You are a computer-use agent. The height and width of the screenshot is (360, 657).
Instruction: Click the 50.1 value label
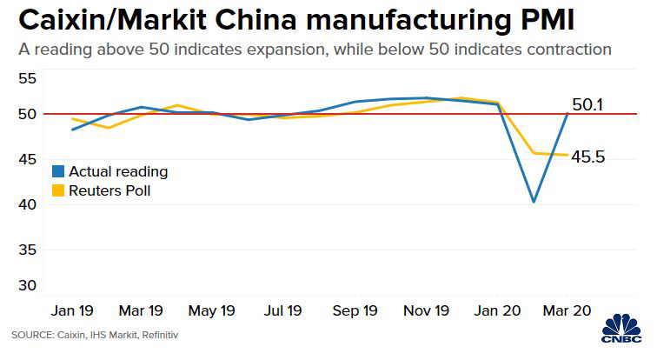click(588, 106)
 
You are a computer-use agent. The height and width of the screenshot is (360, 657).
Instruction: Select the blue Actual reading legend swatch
click(59, 171)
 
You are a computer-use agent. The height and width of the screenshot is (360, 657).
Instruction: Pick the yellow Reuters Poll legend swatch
click(59, 190)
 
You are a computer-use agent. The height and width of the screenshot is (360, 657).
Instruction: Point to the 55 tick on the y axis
click(28, 79)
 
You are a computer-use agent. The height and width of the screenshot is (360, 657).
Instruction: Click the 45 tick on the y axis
click(28, 159)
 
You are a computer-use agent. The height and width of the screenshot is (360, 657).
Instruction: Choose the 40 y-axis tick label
click(28, 204)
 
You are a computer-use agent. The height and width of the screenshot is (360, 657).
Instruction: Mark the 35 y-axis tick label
click(28, 250)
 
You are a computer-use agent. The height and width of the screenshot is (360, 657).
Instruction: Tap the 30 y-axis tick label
click(28, 286)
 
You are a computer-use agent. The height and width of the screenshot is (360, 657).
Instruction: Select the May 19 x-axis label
click(211, 310)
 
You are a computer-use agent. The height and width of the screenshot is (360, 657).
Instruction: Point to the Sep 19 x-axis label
click(355, 310)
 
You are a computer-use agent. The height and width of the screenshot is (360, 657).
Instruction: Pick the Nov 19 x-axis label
click(426, 310)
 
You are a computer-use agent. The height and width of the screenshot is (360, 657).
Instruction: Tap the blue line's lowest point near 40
click(533, 202)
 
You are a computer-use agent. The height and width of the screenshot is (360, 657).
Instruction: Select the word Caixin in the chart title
click(59, 19)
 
